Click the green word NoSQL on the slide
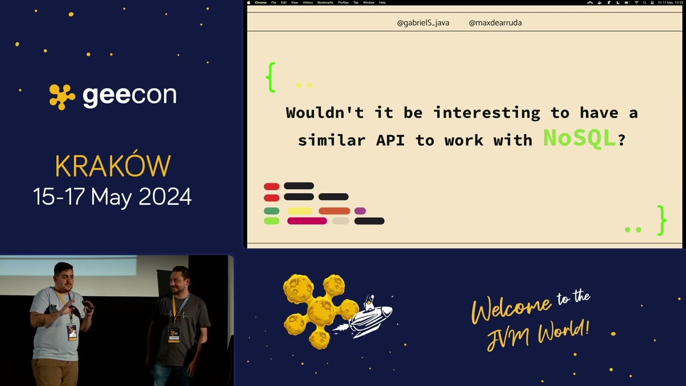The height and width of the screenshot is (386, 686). pos(579,138)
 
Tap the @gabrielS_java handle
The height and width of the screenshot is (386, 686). pos(423,23)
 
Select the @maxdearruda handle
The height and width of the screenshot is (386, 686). pos(495,23)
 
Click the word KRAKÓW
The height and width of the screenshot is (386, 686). pos(113,167)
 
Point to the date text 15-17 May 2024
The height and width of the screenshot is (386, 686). pos(113,197)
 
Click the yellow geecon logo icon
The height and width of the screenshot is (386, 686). pos(62,96)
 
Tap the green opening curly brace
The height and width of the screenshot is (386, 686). pos(271,78)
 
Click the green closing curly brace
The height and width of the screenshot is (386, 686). pos(662,220)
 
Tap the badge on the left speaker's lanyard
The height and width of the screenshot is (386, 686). pos(72,332)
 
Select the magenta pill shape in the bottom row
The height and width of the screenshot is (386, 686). pos(307,221)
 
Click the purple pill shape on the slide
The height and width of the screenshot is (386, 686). pos(360,211)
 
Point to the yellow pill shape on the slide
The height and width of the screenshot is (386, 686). pos(300,211)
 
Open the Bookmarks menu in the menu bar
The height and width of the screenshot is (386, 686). pos(325,3)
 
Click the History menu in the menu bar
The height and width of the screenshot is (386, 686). pos(308,3)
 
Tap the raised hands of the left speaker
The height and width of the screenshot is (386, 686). pos(86,307)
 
